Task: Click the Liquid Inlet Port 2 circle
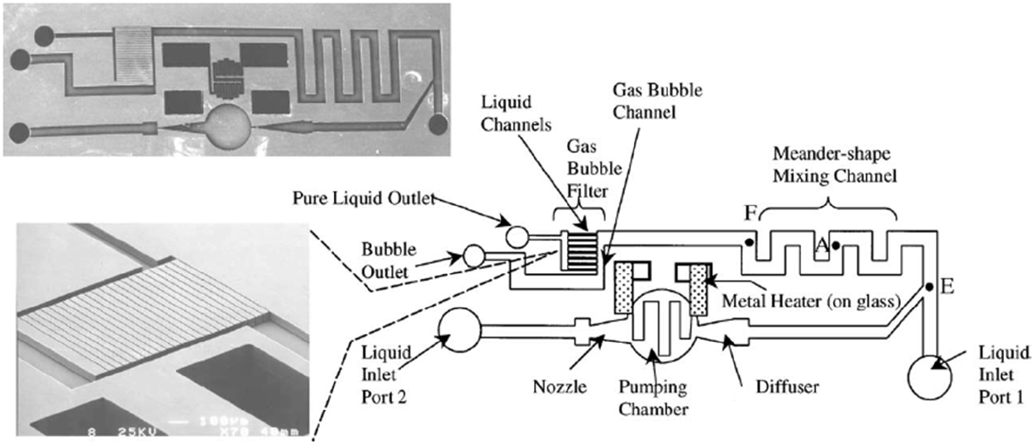(459, 330)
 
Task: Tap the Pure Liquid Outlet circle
(517, 237)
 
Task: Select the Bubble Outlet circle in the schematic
(474, 256)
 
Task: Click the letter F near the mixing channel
(750, 213)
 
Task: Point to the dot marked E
(929, 287)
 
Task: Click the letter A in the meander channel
(821, 245)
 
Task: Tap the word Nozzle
(559, 387)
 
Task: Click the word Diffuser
(787, 387)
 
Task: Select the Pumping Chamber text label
(653, 398)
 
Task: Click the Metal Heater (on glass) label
(811, 301)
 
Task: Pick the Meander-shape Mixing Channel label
(834, 165)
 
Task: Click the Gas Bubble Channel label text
(657, 101)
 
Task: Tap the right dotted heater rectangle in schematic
(698, 290)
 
